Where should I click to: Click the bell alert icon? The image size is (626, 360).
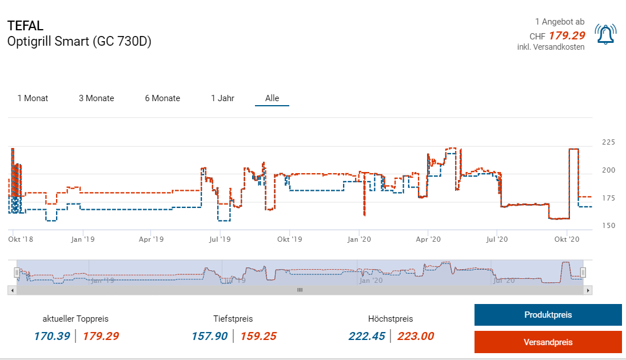[605, 34]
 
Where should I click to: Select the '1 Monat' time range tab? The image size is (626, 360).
[33, 98]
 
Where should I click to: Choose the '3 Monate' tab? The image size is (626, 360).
[97, 98]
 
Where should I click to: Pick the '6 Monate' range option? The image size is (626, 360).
[162, 98]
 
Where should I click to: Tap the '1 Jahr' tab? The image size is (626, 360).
[222, 98]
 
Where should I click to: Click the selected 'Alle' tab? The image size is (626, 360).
[272, 98]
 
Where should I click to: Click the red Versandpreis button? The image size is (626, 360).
[548, 342]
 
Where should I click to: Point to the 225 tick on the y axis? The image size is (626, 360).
[609, 142]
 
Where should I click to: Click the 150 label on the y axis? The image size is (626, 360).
[609, 226]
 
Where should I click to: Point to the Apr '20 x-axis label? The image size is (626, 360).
[428, 239]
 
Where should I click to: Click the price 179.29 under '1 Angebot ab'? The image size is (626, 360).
[567, 35]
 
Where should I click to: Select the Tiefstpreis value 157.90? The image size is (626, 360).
[210, 336]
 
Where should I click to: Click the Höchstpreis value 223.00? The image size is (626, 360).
[416, 336]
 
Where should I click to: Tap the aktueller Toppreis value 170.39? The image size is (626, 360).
[51, 336]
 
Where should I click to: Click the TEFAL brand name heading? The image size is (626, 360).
[25, 26]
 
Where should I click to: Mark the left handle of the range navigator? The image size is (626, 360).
[17, 272]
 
